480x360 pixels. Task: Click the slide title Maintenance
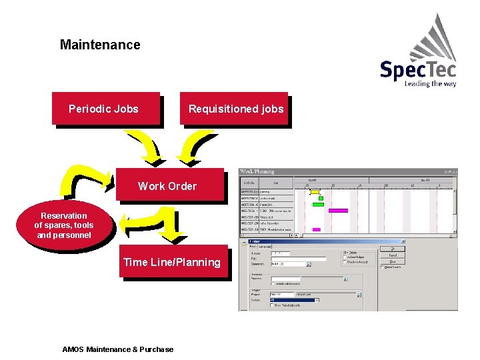coord(100,45)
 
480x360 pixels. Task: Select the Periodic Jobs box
coord(104,109)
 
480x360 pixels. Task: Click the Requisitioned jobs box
coord(235,109)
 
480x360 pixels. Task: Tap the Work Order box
coord(167,186)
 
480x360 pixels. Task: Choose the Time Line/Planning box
coord(172,262)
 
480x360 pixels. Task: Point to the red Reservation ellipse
coord(64,225)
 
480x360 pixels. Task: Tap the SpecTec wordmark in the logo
coord(417,70)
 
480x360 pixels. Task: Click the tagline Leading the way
coord(430,84)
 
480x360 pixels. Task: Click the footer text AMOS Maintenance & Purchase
coord(117,349)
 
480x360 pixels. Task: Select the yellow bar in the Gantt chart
coord(315,192)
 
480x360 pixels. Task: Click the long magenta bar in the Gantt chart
coord(338,211)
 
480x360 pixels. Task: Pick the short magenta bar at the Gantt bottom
coord(316,230)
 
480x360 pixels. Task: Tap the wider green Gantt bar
coord(318,205)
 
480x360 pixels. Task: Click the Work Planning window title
coord(257,172)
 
